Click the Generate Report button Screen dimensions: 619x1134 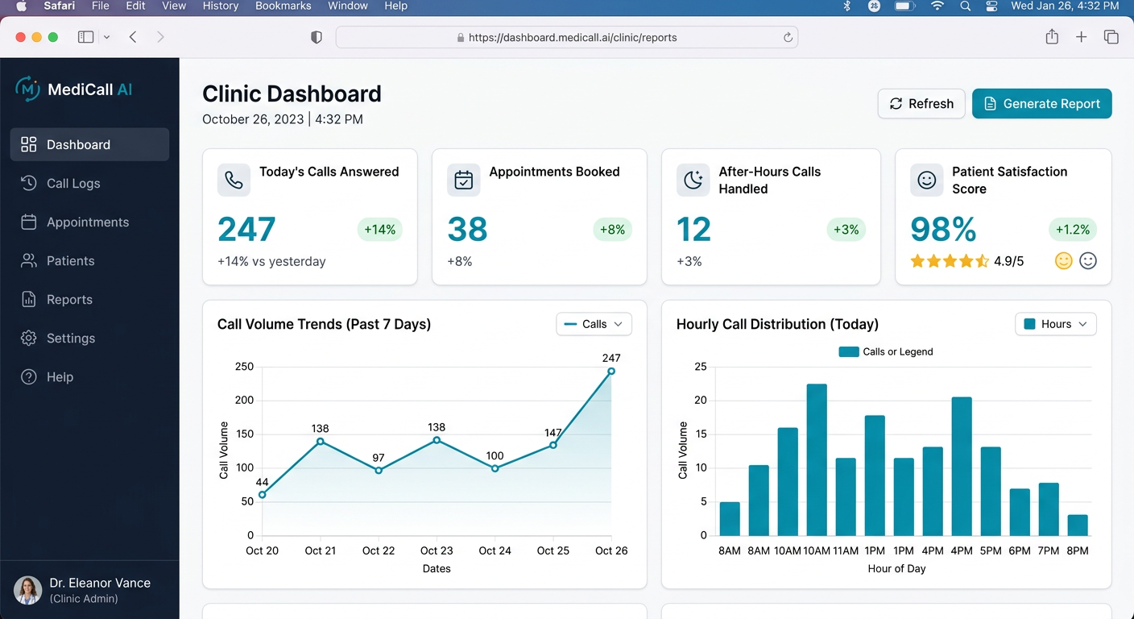pyautogui.click(x=1041, y=104)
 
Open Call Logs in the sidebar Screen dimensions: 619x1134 pyautogui.click(x=73, y=184)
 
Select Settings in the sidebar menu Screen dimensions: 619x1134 pyautogui.click(x=71, y=339)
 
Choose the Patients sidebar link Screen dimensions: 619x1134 pyautogui.click(x=70, y=261)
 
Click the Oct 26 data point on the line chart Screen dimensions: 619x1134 pyautogui.click(x=611, y=372)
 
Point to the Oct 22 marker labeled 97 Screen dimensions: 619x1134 pyautogui.click(x=379, y=471)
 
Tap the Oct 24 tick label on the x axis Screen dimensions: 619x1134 pyautogui.click(x=495, y=550)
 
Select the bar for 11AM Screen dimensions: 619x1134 pyautogui.click(x=846, y=496)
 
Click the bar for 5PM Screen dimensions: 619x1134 pyautogui.click(x=991, y=491)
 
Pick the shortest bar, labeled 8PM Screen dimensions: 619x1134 pyautogui.click(x=1078, y=525)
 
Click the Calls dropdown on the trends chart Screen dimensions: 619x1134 pyautogui.click(x=594, y=324)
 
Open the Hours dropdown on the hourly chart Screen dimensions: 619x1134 pyautogui.click(x=1055, y=324)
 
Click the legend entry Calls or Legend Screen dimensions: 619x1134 pyautogui.click(x=886, y=352)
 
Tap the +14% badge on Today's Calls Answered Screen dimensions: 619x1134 pyautogui.click(x=379, y=230)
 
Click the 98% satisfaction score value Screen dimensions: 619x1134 pyautogui.click(x=943, y=230)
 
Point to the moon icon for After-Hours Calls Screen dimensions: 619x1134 pyautogui.click(x=693, y=181)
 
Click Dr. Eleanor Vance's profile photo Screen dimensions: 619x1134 pyautogui.click(x=28, y=591)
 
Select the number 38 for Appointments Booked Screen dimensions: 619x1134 pyautogui.click(x=467, y=230)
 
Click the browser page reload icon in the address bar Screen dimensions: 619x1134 pyautogui.click(x=788, y=37)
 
